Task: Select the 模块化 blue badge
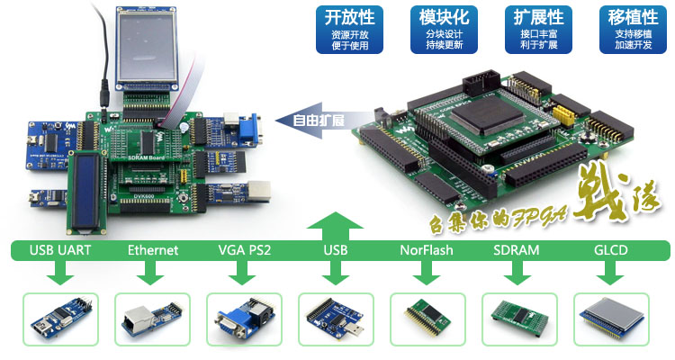click(x=444, y=29)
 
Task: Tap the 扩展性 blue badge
click(x=541, y=29)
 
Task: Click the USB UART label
click(x=60, y=250)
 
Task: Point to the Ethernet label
click(x=152, y=250)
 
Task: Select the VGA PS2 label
click(x=244, y=250)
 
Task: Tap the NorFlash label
click(x=427, y=250)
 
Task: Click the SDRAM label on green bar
click(x=517, y=250)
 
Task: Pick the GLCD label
click(x=610, y=250)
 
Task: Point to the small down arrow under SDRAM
click(x=517, y=274)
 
